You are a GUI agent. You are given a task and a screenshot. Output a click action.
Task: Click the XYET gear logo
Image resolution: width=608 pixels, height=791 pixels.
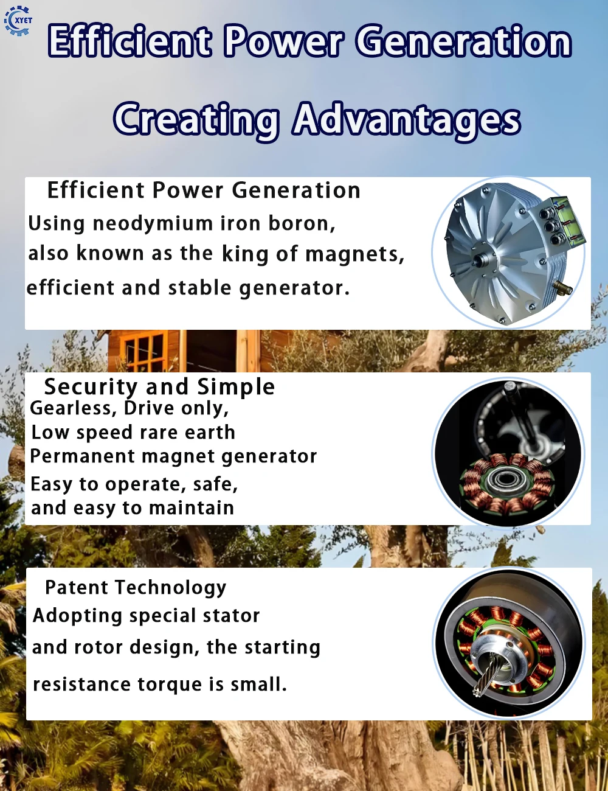click(x=18, y=21)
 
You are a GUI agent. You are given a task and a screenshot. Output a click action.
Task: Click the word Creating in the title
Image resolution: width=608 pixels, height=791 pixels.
click(x=196, y=119)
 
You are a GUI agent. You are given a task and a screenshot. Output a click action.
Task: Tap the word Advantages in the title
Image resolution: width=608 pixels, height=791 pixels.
click(x=407, y=119)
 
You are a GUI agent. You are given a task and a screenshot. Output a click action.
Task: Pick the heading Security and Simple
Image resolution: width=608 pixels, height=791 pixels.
click(x=159, y=387)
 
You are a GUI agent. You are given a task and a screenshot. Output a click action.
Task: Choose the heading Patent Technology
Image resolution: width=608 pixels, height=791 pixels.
click(x=136, y=588)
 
